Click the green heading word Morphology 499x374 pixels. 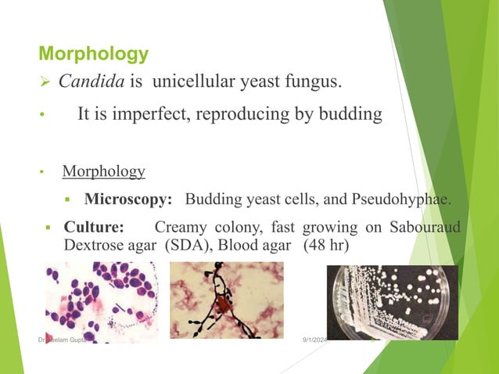[x=93, y=54]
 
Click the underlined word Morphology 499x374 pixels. [x=103, y=171]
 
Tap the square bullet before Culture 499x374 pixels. [x=48, y=228]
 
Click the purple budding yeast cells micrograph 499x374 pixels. [x=101, y=301]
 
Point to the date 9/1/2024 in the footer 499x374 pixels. [x=316, y=340]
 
